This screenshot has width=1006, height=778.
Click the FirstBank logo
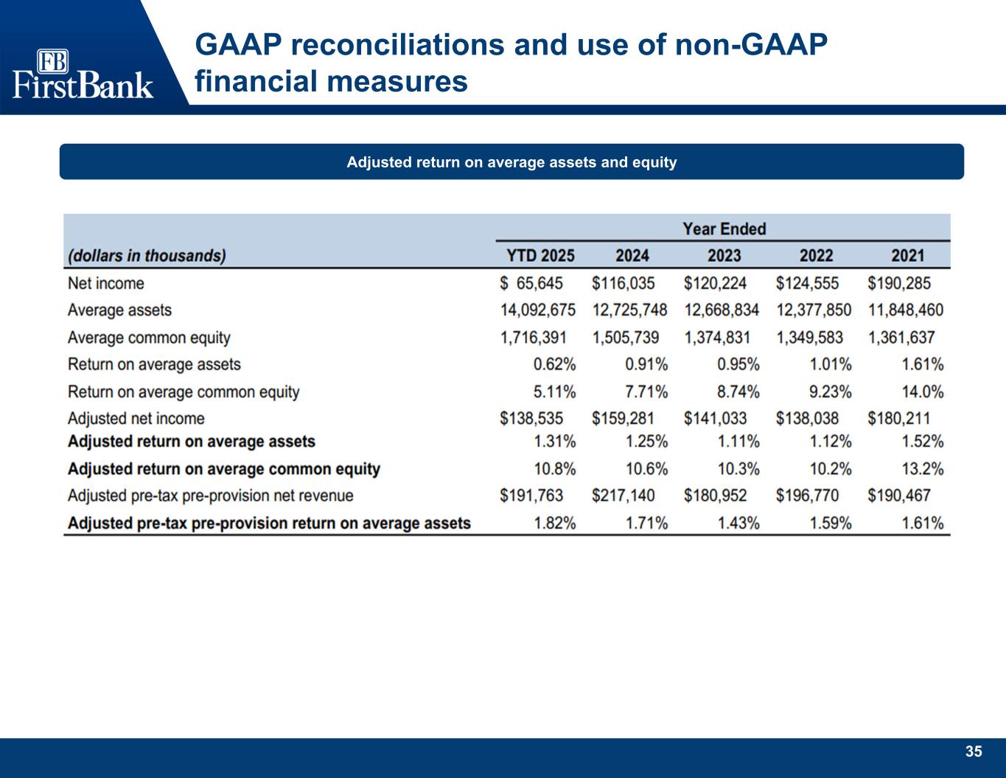[83, 74]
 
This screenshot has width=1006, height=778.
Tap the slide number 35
[974, 751]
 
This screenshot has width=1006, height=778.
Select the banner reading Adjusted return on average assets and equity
[511, 161]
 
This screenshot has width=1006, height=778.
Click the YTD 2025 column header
[540, 256]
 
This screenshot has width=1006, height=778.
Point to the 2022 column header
[816, 256]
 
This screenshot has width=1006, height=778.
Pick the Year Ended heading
[724, 229]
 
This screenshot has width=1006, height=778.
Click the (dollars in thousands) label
[147, 256]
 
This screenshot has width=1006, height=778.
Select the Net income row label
[105, 283]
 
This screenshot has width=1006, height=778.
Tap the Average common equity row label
[149, 338]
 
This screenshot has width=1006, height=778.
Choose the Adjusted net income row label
[136, 418]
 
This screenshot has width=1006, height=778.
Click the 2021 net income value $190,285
[899, 283]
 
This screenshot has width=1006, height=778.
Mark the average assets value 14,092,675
[538, 310]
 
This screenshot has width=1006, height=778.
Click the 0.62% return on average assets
[554, 364]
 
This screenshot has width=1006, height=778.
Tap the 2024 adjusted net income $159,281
[623, 418]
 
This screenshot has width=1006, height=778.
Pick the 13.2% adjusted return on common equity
[922, 469]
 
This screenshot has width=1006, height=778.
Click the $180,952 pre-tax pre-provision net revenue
[715, 496]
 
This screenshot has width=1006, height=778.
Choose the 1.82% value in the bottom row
[554, 524]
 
